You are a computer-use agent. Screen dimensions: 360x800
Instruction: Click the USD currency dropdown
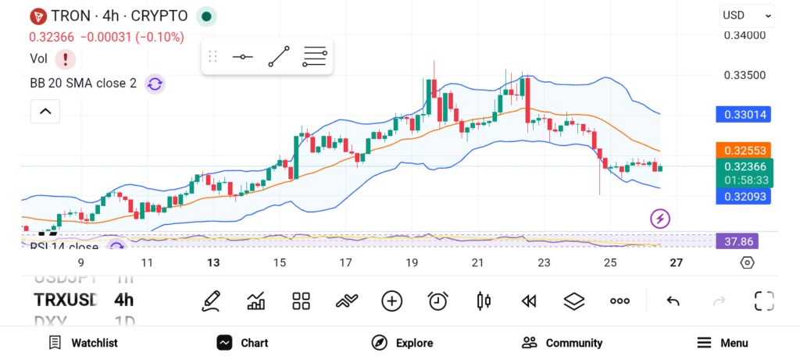tap(746, 15)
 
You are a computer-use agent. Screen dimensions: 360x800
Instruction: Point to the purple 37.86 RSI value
tap(737, 241)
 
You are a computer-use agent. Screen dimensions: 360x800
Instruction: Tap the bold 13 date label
tap(213, 263)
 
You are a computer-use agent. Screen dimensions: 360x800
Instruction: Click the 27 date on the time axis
tap(677, 263)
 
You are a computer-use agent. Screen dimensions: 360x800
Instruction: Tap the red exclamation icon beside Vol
tap(66, 59)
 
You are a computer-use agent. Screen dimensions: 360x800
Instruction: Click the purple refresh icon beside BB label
tap(155, 84)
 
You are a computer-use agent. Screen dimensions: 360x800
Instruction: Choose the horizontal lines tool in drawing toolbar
tap(315, 57)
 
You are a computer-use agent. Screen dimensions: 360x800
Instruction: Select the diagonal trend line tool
tap(279, 57)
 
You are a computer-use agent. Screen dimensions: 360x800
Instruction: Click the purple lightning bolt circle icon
tap(661, 219)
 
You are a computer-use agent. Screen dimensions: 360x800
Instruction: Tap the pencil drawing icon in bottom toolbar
tap(210, 301)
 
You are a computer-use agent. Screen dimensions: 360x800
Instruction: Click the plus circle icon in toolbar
tap(391, 301)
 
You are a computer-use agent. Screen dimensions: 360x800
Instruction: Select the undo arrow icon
tap(673, 301)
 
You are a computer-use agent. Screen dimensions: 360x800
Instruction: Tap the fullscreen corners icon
tap(763, 301)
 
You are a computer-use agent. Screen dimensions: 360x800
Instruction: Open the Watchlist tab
tap(84, 343)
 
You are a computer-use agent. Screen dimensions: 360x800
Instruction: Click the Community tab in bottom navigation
tap(562, 343)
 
